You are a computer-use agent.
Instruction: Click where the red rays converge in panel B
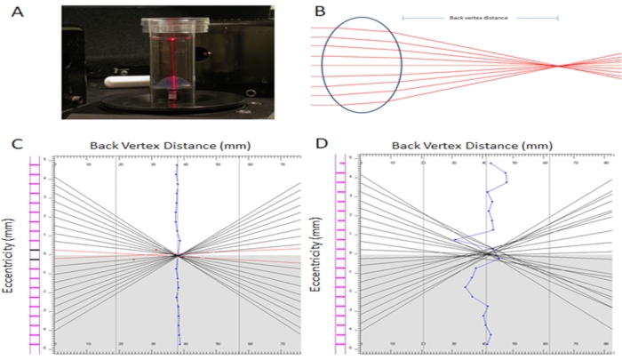(558, 65)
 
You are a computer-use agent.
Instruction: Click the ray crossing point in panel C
(177, 255)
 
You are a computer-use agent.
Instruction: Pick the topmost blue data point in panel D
(490, 163)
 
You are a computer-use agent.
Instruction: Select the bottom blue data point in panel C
(179, 344)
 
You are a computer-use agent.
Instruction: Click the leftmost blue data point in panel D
(455, 239)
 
